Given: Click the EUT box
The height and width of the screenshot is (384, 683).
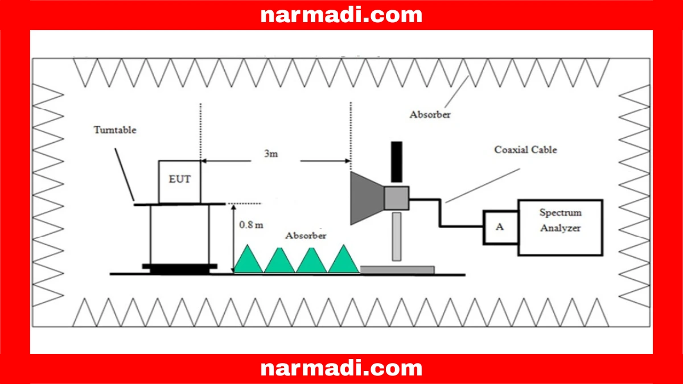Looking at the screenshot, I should coord(179,181).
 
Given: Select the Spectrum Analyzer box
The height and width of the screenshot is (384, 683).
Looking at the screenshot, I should coord(560,227).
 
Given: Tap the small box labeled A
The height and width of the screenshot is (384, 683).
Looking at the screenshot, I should coord(500,227).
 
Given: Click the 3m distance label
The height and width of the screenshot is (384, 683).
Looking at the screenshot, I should coord(271,154).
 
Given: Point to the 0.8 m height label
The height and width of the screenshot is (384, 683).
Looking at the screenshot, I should coord(251,224).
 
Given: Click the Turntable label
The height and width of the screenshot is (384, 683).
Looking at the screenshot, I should coord(115,130).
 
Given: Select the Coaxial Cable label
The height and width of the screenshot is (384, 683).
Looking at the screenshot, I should coord(525,150).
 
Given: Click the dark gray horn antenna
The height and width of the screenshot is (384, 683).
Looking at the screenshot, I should coord(366,197).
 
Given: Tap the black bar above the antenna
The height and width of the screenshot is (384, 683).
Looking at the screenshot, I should coord(396,162).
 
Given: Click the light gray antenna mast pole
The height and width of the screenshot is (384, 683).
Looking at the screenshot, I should coord(396,236).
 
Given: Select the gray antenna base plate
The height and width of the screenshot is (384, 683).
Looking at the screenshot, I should coord(397,269).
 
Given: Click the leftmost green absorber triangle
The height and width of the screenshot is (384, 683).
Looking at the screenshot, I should coord(248,260).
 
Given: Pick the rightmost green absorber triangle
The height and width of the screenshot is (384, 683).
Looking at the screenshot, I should coord(344,260).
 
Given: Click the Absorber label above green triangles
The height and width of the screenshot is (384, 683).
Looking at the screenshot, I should coord(306,236).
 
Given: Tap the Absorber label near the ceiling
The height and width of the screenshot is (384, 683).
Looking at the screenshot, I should coord(430,114).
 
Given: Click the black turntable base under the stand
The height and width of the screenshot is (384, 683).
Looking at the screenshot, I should coord(179,267).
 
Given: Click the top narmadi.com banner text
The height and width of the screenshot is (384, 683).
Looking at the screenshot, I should coord(341,15).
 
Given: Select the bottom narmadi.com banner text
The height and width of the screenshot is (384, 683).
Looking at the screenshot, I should coord(341,368).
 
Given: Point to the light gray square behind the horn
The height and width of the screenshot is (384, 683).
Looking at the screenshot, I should coord(396,197).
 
